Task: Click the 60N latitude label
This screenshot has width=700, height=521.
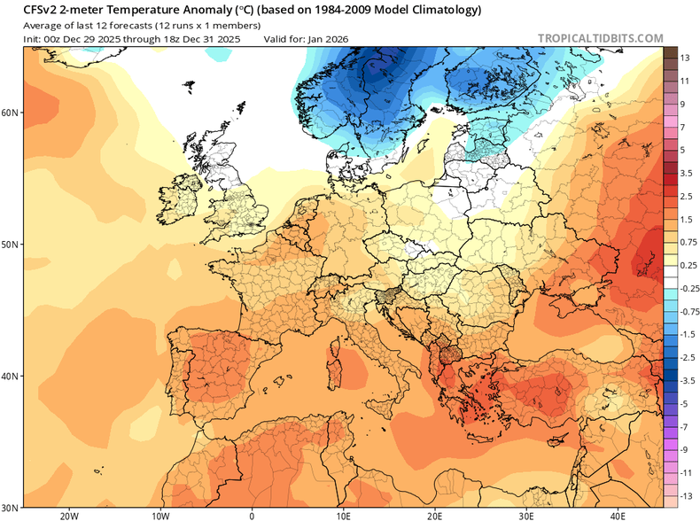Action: [x=11, y=113]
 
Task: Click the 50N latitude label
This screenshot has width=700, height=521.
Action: [x=11, y=244]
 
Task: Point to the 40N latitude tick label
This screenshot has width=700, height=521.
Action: [x=11, y=376]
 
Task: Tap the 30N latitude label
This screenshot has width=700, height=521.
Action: [x=11, y=507]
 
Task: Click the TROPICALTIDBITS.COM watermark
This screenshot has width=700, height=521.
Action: [x=600, y=38]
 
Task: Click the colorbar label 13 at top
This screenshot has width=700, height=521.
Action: [x=684, y=58]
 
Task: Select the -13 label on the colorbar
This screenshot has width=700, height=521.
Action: [x=683, y=494]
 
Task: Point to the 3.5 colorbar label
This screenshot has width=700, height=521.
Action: [x=684, y=172]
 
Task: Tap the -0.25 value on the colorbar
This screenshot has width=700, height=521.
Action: [x=683, y=287]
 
